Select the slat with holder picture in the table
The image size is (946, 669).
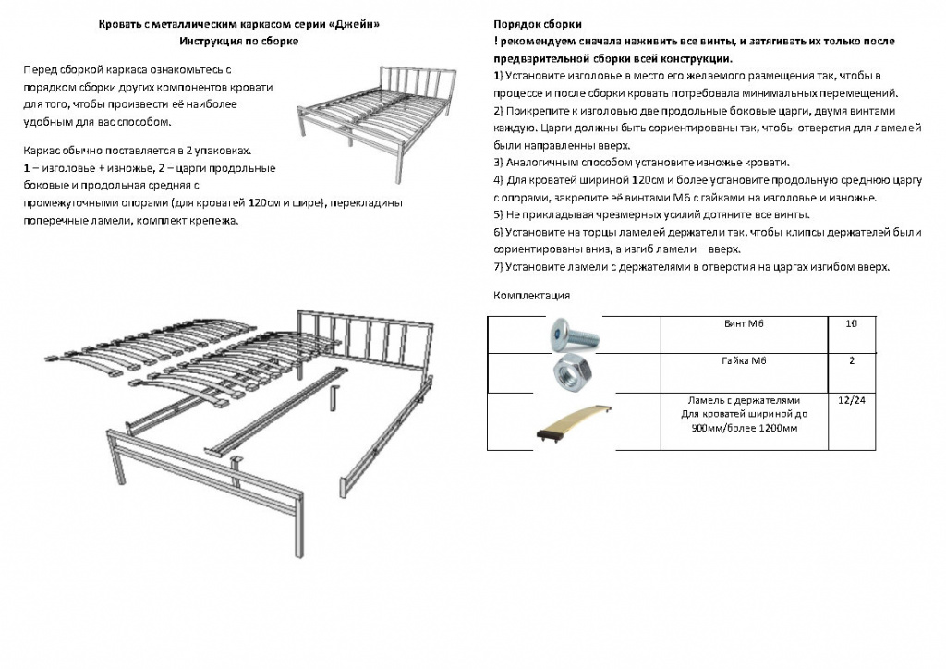(x=574, y=423)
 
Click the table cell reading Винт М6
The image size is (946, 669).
(x=744, y=324)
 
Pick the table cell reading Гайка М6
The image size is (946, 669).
(x=744, y=360)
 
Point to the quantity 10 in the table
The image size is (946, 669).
(x=851, y=324)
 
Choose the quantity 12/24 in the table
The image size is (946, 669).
(x=851, y=400)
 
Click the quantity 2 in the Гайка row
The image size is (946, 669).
(x=851, y=360)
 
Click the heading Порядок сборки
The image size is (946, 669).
(x=538, y=24)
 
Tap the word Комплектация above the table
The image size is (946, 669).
(x=531, y=296)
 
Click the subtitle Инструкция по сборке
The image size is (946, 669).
(x=239, y=41)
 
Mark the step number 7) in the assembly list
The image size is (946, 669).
(x=498, y=267)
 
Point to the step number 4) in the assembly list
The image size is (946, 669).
(x=498, y=180)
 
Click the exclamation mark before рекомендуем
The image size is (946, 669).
(x=495, y=41)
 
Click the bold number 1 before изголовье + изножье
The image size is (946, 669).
(x=27, y=168)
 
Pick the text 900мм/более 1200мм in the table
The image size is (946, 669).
(x=745, y=429)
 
